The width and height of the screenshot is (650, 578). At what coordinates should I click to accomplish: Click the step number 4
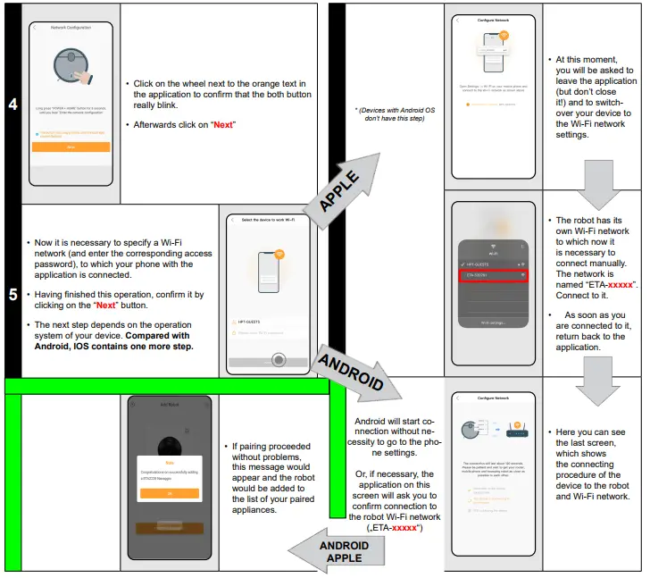pos(12,105)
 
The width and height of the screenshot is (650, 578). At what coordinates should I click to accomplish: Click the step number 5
pos(12,293)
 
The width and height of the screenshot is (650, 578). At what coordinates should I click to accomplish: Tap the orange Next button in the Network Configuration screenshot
pos(71,146)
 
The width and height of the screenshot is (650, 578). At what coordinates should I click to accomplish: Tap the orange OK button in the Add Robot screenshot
pos(169,493)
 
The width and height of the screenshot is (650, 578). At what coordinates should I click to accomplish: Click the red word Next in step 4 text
pos(222,124)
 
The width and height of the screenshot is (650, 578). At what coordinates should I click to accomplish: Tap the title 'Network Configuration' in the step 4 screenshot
pos(71,29)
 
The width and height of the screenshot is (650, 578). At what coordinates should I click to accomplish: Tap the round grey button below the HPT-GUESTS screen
pos(279,361)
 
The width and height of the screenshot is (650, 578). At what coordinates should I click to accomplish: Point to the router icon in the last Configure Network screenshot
pos(516,428)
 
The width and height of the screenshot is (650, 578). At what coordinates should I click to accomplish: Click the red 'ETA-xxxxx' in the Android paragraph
pos(405,528)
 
